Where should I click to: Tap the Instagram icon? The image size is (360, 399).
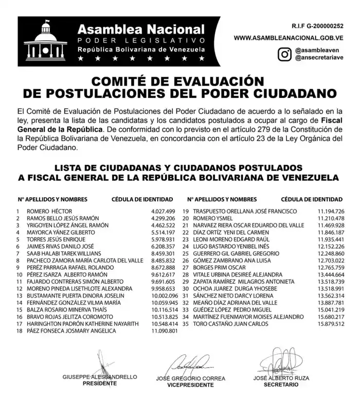[284, 54]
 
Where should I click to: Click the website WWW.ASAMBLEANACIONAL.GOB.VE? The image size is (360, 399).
[289, 38]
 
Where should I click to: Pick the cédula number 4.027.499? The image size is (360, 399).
[164, 211]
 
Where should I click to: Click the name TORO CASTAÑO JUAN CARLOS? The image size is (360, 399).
[231, 324]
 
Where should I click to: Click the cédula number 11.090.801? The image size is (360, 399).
[164, 331]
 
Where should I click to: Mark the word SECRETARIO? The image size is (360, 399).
[281, 385]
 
